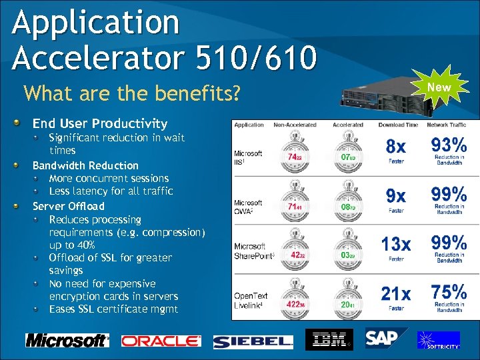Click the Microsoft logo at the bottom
[67, 340]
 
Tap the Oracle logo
[161, 341]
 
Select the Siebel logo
[253, 341]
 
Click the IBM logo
[329, 339]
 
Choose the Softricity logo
[438, 339]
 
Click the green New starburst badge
[439, 87]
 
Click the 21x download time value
[396, 294]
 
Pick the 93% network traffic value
[449, 145]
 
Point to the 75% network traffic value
[449, 293]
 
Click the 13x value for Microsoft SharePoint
[396, 245]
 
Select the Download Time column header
[398, 125]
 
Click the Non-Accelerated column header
[294, 125]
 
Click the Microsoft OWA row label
[249, 206]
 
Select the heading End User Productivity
[100, 123]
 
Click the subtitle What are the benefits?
[131, 93]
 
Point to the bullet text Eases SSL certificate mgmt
[113, 309]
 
